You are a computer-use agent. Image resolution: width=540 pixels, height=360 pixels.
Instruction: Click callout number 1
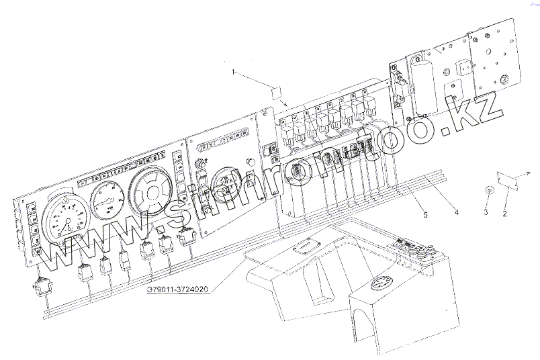click(x=233, y=71)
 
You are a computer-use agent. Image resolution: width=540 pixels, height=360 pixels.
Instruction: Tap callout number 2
click(x=504, y=214)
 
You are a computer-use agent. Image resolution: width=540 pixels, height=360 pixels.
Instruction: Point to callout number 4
click(x=456, y=214)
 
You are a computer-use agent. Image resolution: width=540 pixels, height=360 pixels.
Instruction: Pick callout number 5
click(x=424, y=215)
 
